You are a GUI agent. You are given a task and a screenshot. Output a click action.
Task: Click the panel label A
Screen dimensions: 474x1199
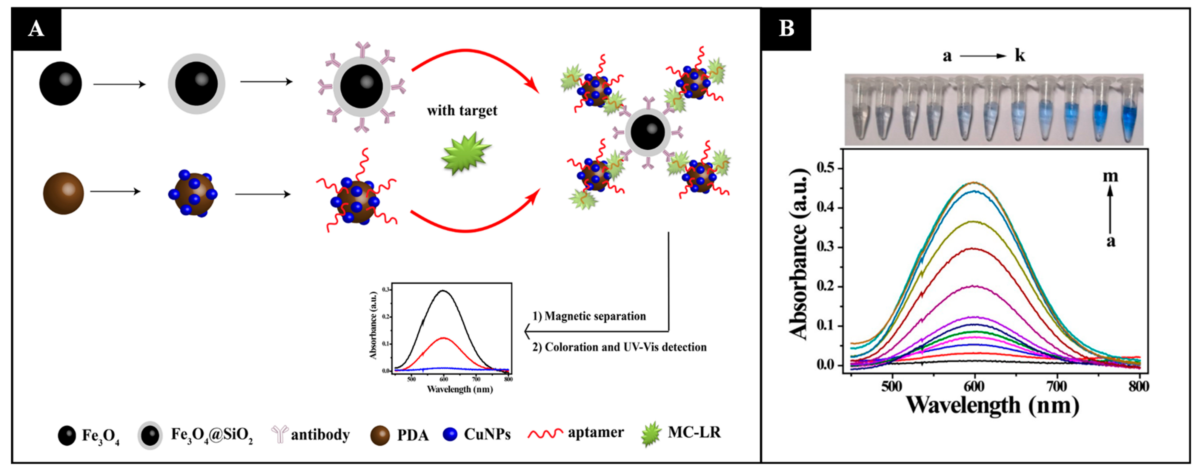pyautogui.click(x=36, y=29)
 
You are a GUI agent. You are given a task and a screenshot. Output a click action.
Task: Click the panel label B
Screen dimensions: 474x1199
pyautogui.click(x=786, y=29)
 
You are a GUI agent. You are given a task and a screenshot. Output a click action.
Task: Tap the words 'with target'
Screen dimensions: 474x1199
pyautogui.click(x=462, y=111)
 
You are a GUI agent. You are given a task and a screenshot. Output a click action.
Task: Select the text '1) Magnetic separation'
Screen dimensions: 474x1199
pyautogui.click(x=589, y=316)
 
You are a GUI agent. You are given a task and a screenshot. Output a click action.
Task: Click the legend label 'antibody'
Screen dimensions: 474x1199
pyautogui.click(x=320, y=434)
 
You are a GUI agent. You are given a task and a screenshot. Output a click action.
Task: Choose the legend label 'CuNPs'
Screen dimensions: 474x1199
pyautogui.click(x=487, y=434)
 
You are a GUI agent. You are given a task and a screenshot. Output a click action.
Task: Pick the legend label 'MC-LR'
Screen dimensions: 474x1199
pyautogui.click(x=694, y=433)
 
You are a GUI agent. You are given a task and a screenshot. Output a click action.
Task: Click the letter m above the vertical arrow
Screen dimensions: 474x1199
pyautogui.click(x=1110, y=176)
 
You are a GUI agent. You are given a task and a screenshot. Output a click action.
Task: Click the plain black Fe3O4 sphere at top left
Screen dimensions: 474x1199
pyautogui.click(x=61, y=84)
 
